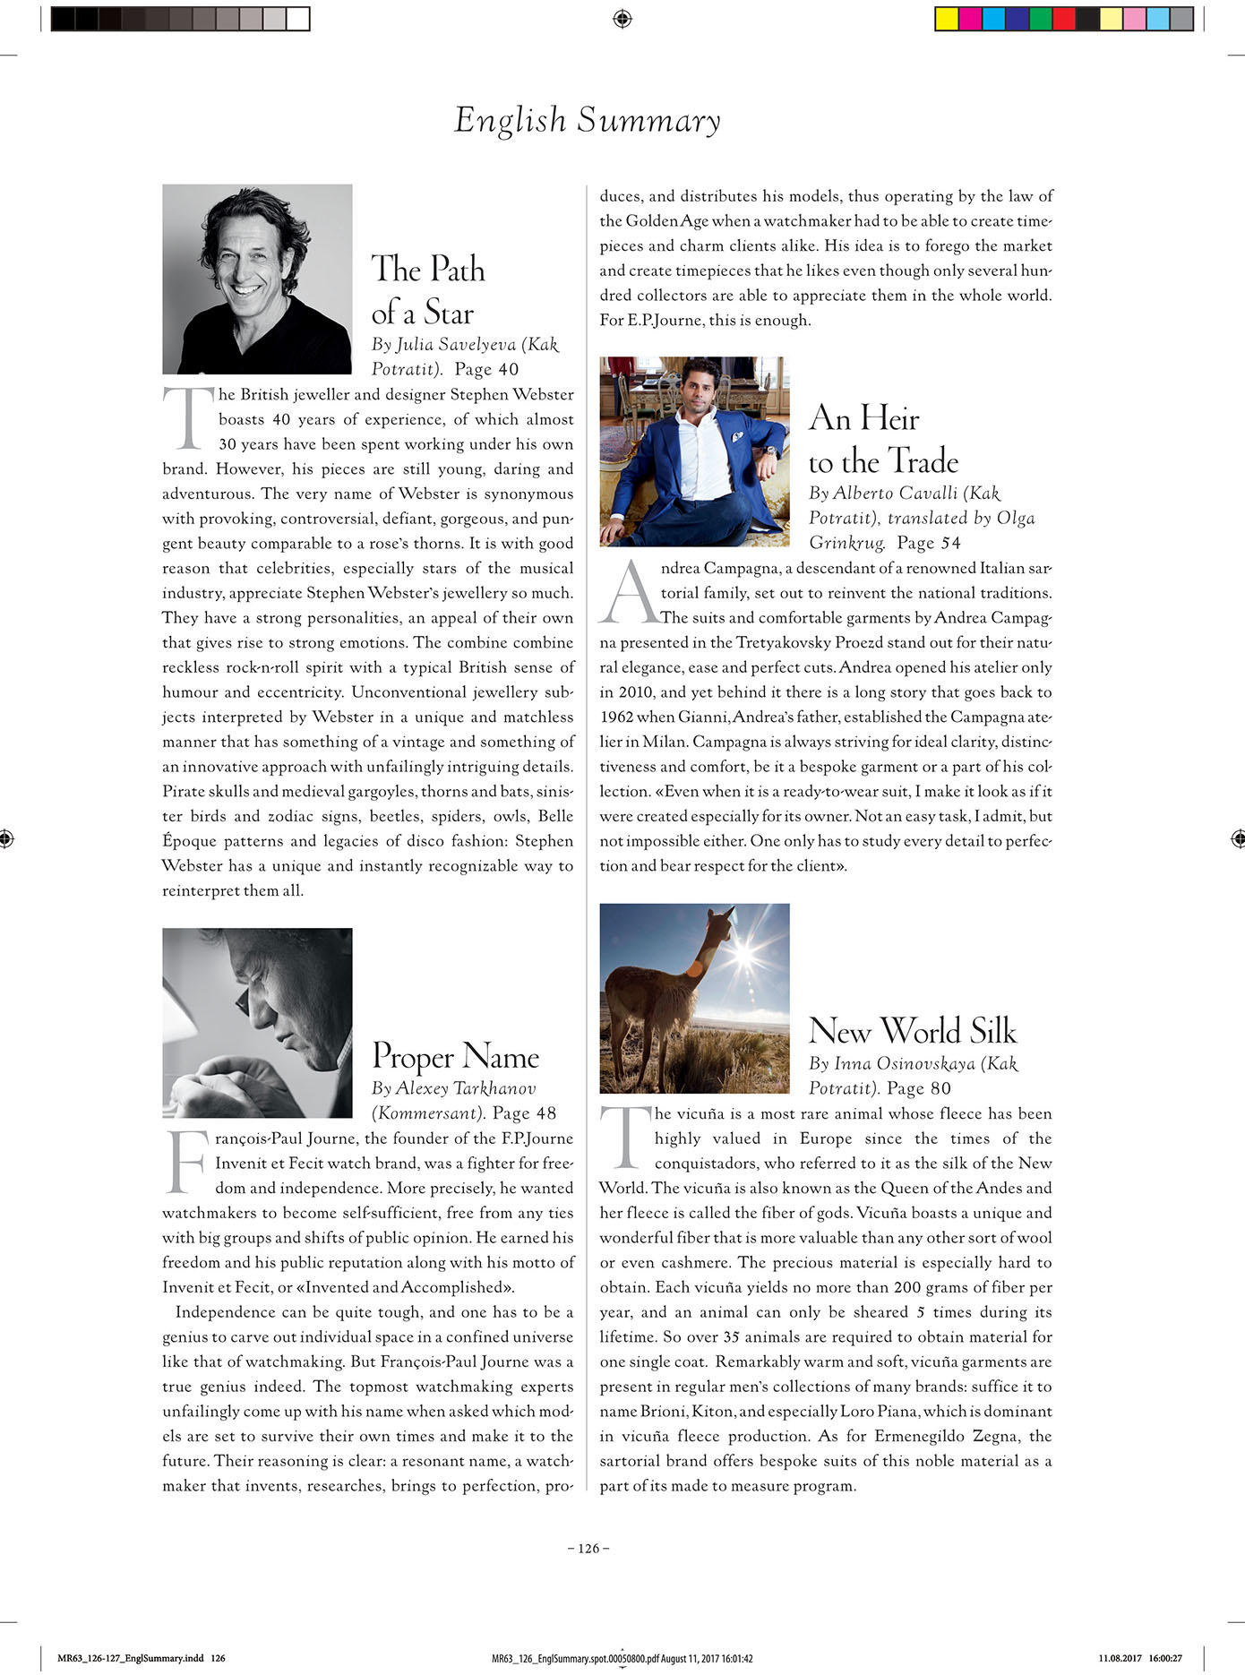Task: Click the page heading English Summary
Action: pyautogui.click(x=587, y=120)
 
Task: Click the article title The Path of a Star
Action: pyautogui.click(x=427, y=290)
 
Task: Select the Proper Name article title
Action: pyautogui.click(x=455, y=1056)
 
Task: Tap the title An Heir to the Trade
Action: pyautogui.click(x=882, y=440)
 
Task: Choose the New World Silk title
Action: pyautogui.click(x=912, y=1031)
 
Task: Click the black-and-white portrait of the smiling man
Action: pyautogui.click(x=257, y=279)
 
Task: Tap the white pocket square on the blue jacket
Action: pyautogui.click(x=736, y=436)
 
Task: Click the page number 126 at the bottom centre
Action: pyautogui.click(x=588, y=1549)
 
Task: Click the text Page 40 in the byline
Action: pyautogui.click(x=486, y=369)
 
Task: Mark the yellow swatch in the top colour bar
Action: pyautogui.click(x=947, y=19)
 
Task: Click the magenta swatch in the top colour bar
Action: pyautogui.click(x=970, y=19)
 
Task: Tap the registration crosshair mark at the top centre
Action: pyautogui.click(x=622, y=19)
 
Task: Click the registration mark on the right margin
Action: pyautogui.click(x=1238, y=838)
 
